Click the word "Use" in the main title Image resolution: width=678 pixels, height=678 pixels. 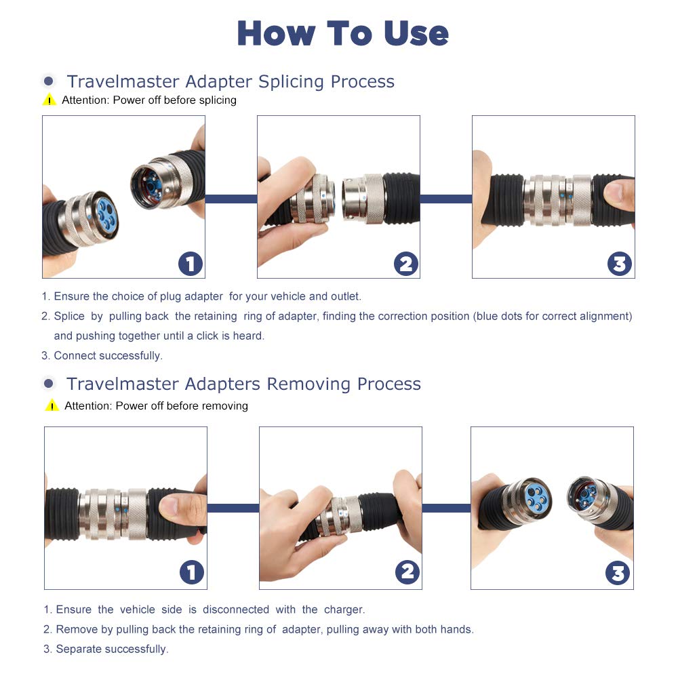point(416,33)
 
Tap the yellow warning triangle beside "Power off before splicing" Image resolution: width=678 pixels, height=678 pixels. point(49,100)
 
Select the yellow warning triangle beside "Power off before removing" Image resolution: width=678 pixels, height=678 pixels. point(52,405)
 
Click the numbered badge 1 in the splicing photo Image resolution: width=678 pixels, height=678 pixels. point(191,264)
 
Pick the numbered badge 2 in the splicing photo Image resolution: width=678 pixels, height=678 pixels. point(406,264)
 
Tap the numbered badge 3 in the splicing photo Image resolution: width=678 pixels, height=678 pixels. point(620,264)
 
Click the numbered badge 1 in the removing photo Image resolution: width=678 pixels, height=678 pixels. point(192,572)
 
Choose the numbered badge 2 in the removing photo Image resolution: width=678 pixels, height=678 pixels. point(407,572)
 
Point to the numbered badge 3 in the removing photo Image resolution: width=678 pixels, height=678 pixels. point(618,573)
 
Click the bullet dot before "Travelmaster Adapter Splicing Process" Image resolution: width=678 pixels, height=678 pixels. point(49,81)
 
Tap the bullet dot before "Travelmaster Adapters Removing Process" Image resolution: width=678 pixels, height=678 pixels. point(49,383)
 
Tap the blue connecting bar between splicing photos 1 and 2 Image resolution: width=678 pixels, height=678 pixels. point(231,199)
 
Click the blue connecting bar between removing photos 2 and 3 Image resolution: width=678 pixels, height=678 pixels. point(446,508)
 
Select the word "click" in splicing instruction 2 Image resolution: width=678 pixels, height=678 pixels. point(207,336)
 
